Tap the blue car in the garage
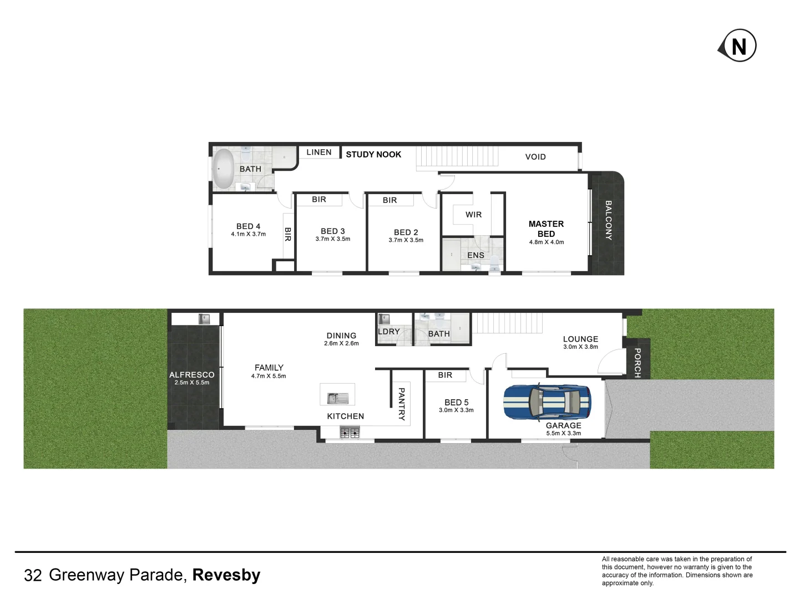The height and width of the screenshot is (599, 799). pyautogui.click(x=547, y=400)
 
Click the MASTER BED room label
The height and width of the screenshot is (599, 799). pyautogui.click(x=546, y=229)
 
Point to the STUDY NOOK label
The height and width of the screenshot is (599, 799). pyautogui.click(x=373, y=154)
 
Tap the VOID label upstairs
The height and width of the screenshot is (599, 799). pyautogui.click(x=535, y=156)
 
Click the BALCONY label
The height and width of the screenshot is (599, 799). pyautogui.click(x=608, y=220)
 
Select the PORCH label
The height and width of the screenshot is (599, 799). pyautogui.click(x=637, y=363)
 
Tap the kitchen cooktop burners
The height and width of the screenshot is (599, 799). pyautogui.click(x=350, y=433)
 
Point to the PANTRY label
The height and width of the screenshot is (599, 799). pyautogui.click(x=402, y=404)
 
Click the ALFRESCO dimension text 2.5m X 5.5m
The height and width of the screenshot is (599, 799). pyautogui.click(x=192, y=383)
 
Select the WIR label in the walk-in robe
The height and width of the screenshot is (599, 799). pyautogui.click(x=473, y=215)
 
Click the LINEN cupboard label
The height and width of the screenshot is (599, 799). pyautogui.click(x=319, y=152)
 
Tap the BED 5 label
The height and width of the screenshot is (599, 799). pyautogui.click(x=456, y=402)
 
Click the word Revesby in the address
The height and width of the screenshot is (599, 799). pyautogui.click(x=226, y=575)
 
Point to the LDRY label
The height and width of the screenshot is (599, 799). pyautogui.click(x=388, y=331)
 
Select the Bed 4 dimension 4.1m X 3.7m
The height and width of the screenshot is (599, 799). pyautogui.click(x=248, y=234)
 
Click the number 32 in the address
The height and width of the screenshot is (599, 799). pyautogui.click(x=33, y=576)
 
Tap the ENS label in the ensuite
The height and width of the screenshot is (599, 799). pyautogui.click(x=476, y=255)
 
